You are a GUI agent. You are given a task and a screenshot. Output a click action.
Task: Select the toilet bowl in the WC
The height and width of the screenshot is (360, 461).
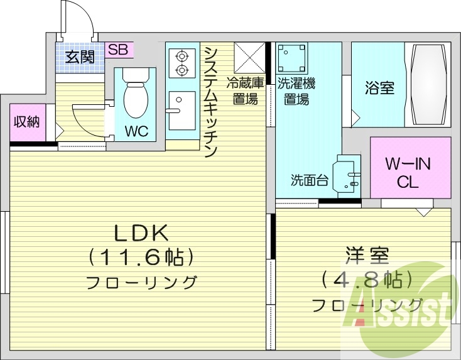coord(135,97)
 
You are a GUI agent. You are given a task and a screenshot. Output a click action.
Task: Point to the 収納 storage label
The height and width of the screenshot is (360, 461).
coord(26,121)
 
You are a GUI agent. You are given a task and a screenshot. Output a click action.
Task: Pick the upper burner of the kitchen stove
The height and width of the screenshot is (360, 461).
coord(182,54)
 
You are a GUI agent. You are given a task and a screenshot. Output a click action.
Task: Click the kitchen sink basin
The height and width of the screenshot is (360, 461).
coord(182,101)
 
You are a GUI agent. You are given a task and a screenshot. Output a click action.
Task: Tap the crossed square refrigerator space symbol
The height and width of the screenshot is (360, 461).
coord(250,57)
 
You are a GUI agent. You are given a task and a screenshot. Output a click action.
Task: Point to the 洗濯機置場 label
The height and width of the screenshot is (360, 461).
coord(296,90)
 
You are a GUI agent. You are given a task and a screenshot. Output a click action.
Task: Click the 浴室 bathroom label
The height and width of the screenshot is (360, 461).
coord(379,87)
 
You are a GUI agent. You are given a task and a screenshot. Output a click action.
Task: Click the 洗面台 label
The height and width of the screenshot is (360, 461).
coord(310,180)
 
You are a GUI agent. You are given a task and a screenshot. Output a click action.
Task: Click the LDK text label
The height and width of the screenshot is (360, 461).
coord(141,232)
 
